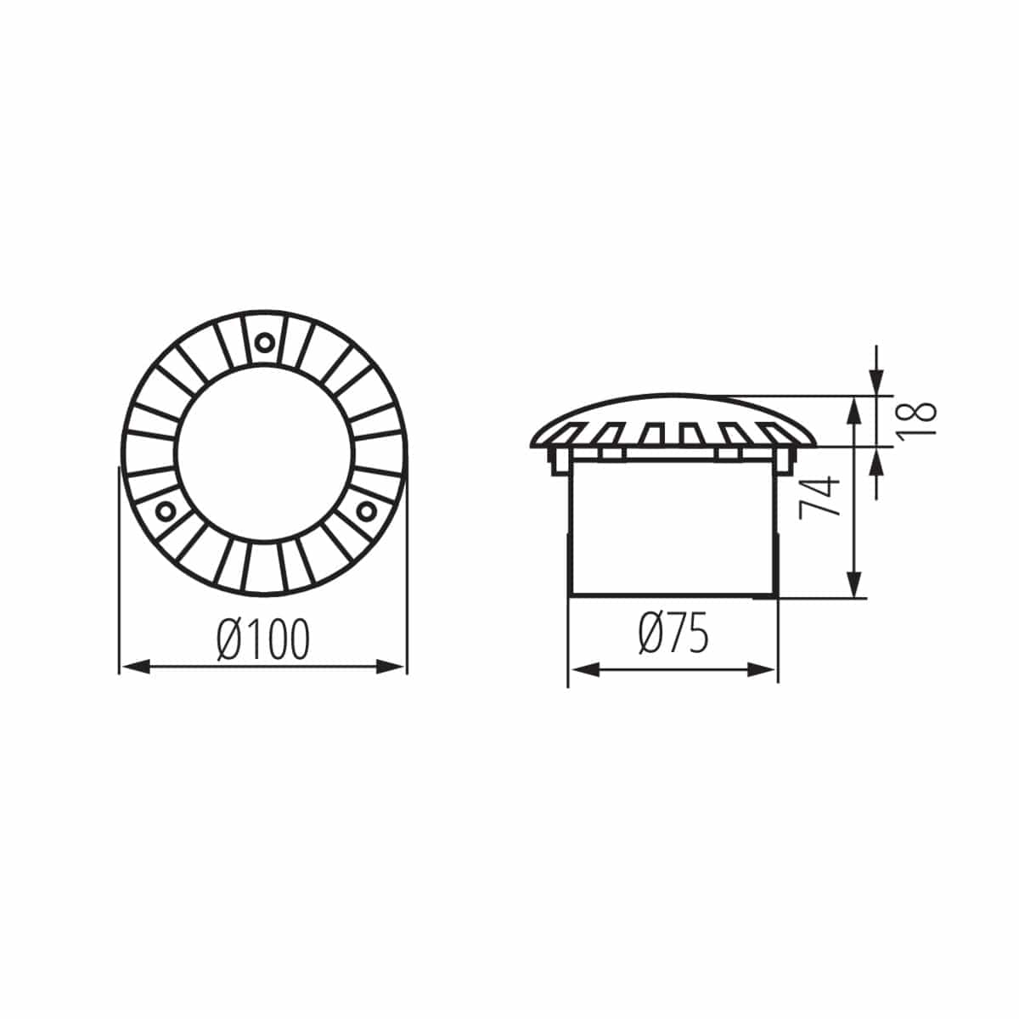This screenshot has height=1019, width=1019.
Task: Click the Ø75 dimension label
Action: [x=673, y=635]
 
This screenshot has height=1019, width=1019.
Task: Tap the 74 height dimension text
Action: [x=819, y=497]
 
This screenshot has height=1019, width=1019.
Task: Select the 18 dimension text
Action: [x=916, y=419]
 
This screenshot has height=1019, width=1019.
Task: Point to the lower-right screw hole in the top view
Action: [x=366, y=509]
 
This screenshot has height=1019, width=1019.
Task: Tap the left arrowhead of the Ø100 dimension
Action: [x=132, y=667]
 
